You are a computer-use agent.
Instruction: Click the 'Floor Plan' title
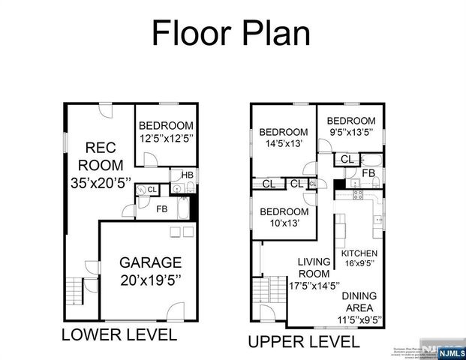(230, 34)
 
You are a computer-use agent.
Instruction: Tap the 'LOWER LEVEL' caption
(119, 335)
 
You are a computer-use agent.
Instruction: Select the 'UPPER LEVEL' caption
(303, 343)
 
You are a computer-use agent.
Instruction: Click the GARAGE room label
(150, 263)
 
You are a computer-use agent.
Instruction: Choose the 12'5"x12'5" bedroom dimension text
(166, 138)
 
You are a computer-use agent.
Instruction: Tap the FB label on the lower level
(162, 208)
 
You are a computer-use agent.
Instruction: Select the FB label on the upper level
(368, 173)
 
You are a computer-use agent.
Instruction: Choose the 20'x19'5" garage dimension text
(150, 281)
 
